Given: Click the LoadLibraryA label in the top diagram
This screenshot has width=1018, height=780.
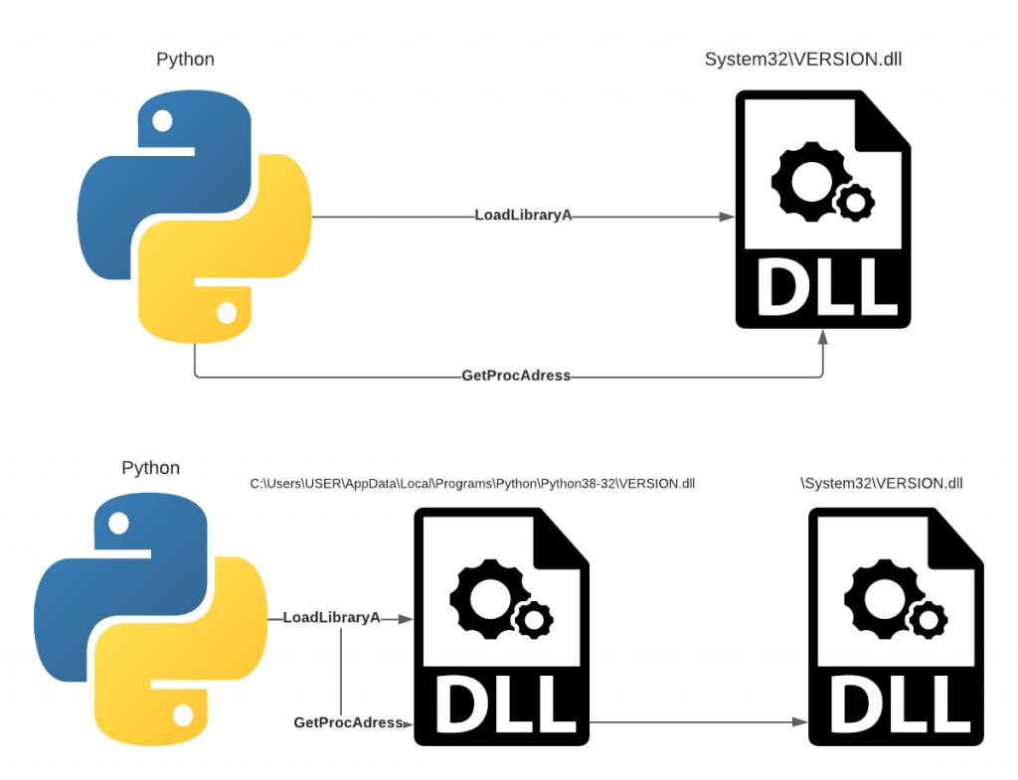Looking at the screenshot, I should (523, 216).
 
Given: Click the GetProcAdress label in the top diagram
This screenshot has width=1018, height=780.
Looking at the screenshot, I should (516, 376).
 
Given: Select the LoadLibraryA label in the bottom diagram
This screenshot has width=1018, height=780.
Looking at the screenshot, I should (332, 618).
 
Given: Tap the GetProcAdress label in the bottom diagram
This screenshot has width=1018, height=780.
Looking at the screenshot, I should (348, 722).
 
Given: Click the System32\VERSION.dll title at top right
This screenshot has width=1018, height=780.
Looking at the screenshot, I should (803, 60).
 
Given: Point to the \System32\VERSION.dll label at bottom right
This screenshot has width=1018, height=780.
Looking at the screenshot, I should (882, 484).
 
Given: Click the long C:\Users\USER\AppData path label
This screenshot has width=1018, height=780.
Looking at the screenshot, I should (472, 484).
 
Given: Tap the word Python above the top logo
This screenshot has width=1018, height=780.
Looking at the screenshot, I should (185, 60).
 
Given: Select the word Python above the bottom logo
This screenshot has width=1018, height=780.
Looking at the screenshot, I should (151, 468).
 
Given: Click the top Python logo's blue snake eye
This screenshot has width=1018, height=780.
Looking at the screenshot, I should (162, 120).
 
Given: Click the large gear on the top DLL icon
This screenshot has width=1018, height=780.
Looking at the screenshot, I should (802, 179).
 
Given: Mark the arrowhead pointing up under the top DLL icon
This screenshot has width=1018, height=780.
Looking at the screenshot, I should (822, 338).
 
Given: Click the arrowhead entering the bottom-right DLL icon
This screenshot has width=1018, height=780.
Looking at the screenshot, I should (799, 722).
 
